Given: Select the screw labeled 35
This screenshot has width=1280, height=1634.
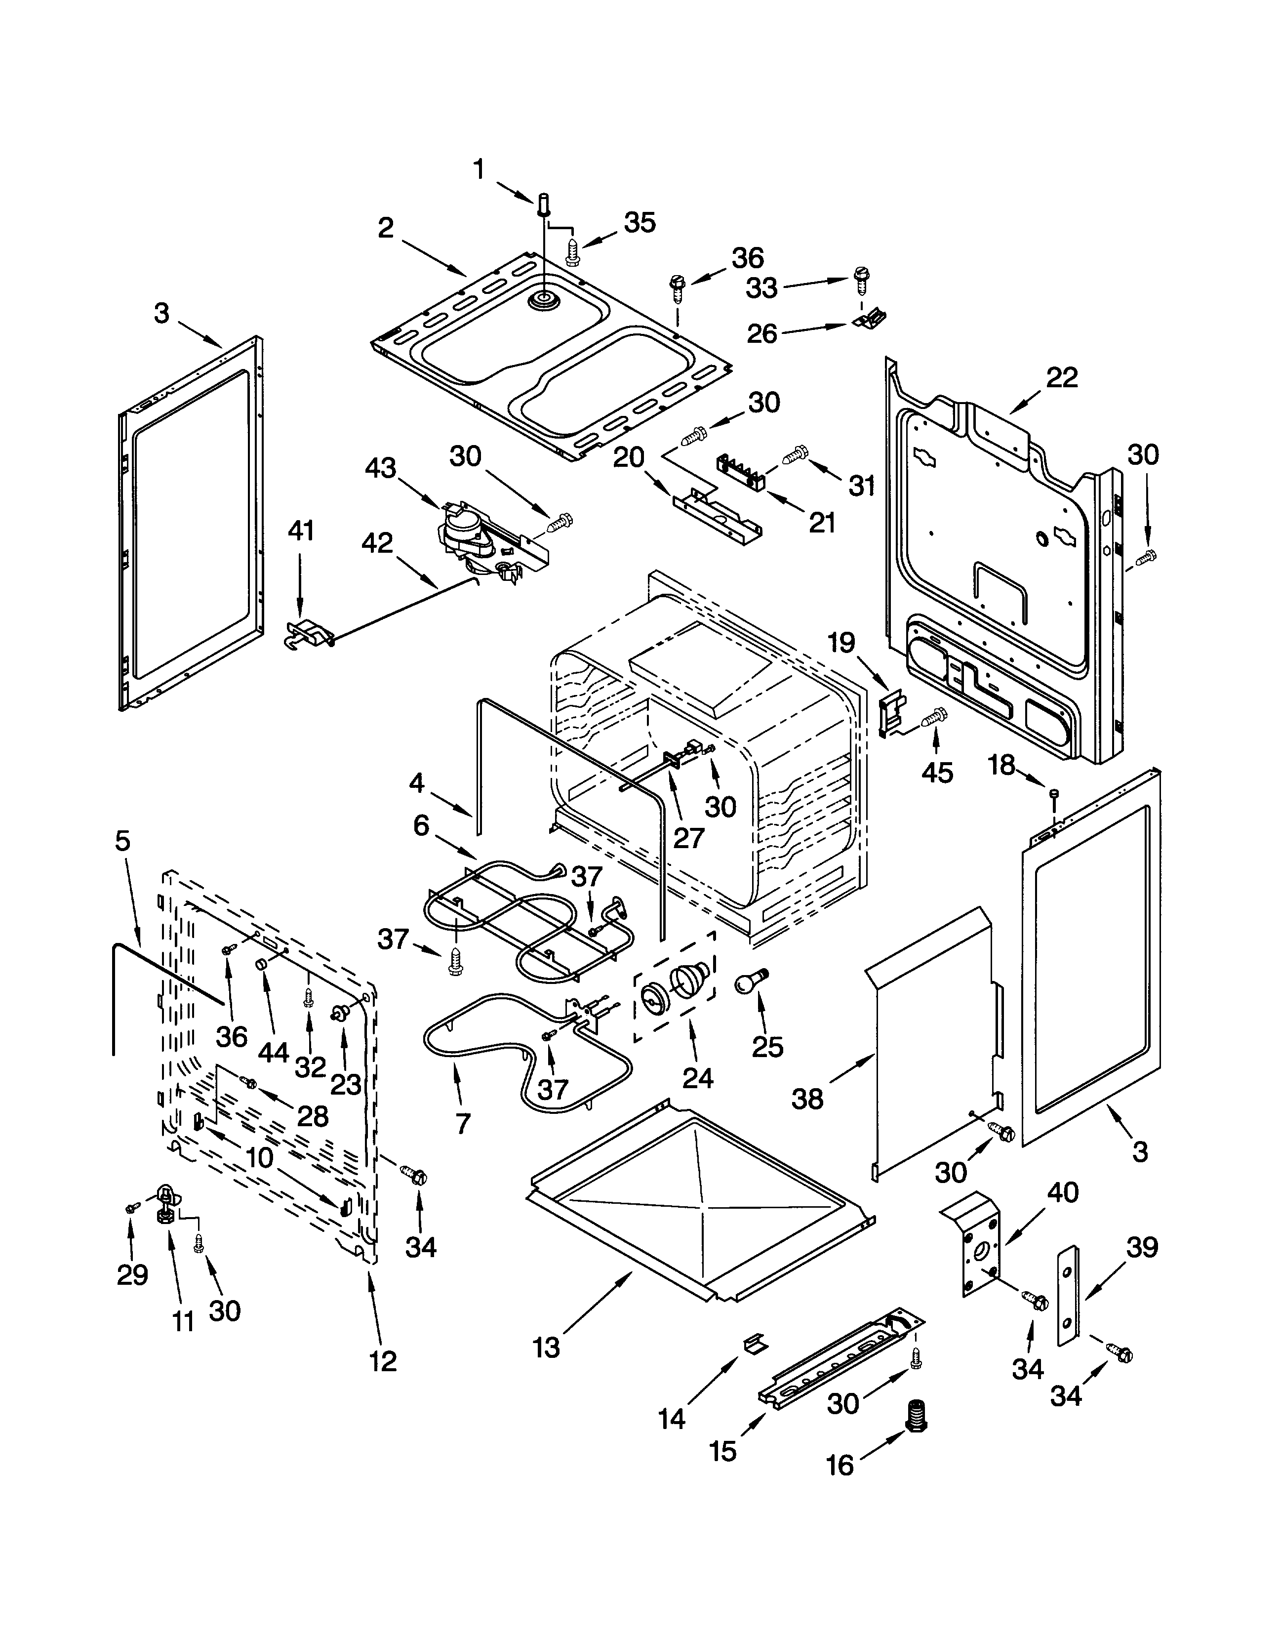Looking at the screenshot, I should coord(573,250).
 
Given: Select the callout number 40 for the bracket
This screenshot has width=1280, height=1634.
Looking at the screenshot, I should coord(1063,1192).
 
